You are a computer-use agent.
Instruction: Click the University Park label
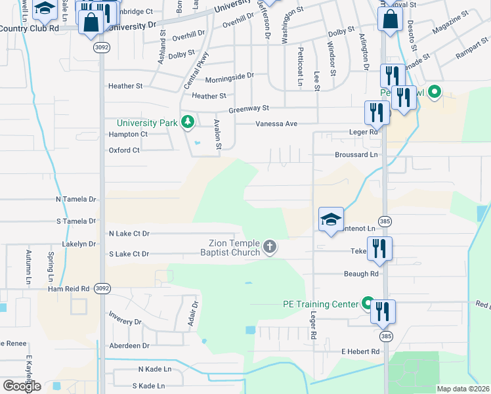pyautogui.click(x=148, y=123)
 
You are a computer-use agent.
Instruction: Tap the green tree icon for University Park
pyautogui.click(x=188, y=122)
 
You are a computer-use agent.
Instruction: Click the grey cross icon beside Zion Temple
pyautogui.click(x=269, y=248)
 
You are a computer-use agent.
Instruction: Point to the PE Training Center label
pyautogui.click(x=320, y=304)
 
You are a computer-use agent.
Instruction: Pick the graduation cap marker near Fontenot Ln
pyautogui.click(x=331, y=220)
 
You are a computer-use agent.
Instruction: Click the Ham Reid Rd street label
pyautogui.click(x=68, y=288)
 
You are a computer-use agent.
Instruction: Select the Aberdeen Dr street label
pyautogui.click(x=129, y=345)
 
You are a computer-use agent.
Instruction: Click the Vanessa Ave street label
pyautogui.click(x=276, y=123)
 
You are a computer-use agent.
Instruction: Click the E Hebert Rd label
pyautogui.click(x=360, y=352)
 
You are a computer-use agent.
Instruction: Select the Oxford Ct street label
pyautogui.click(x=124, y=150)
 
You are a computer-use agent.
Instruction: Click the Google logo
pyautogui.click(x=22, y=385)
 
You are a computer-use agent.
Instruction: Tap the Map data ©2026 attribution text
pyautogui.click(x=463, y=389)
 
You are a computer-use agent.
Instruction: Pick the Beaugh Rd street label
pyautogui.click(x=361, y=273)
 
